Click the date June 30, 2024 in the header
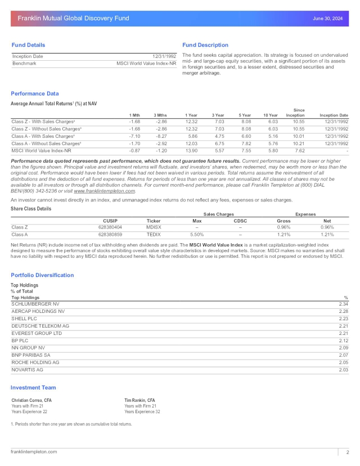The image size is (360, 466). coord(327,19)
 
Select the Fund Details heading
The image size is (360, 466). coord(28,45)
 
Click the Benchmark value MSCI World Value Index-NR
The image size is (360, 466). coord(146,64)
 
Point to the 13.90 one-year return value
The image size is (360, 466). coord(192,151)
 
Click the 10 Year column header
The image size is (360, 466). coord(271,115)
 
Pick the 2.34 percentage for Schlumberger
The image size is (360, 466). coord(344,304)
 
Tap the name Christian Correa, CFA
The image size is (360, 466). coord(31,400)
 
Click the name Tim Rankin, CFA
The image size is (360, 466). coord(141,400)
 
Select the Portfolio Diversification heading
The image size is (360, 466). coord(42,275)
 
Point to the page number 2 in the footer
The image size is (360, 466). coord(347,452)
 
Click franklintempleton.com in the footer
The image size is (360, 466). coord(34,451)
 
